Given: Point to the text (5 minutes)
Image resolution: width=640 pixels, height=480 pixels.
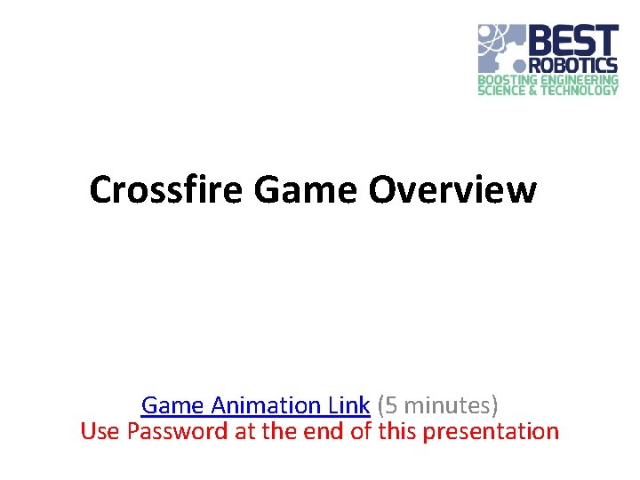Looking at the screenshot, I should pyautogui.click(x=438, y=405).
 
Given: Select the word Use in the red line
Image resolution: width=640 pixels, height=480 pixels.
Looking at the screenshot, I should pyautogui.click(x=100, y=432).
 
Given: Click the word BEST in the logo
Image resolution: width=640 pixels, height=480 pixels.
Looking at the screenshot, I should pyautogui.click(x=573, y=41).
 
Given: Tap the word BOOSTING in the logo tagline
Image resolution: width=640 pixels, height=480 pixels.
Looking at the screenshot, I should pyautogui.click(x=509, y=79).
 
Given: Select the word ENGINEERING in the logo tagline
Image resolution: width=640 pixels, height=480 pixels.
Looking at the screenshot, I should pyautogui.click(x=580, y=79).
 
